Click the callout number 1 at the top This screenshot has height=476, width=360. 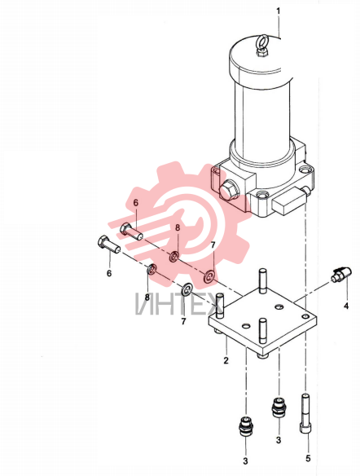point(278,11)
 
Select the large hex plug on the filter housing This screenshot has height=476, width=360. point(228,191)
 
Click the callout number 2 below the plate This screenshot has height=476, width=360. point(226,360)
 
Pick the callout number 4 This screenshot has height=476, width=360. point(346,306)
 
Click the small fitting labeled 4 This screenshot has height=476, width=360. point(341,273)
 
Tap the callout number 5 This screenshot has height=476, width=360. point(308,458)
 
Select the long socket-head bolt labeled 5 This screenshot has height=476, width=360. point(305,413)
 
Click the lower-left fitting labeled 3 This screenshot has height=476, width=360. point(246,427)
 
